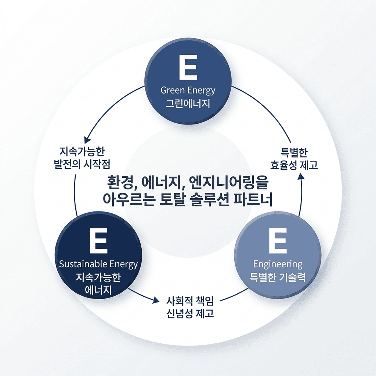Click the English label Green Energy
[x=188, y=90]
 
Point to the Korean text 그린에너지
[x=188, y=103]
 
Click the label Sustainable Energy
[x=98, y=264]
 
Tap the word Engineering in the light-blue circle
[x=278, y=264]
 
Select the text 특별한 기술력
[x=278, y=277]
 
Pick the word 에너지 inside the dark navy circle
[x=98, y=290]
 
